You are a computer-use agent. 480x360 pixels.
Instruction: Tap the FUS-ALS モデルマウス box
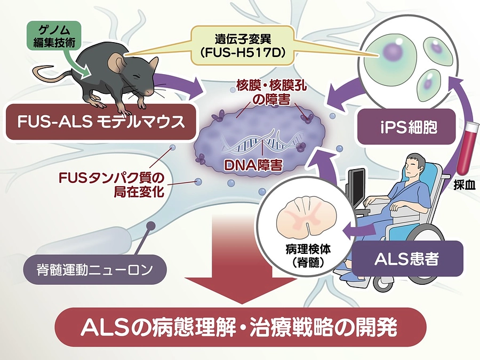coord(97,122)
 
